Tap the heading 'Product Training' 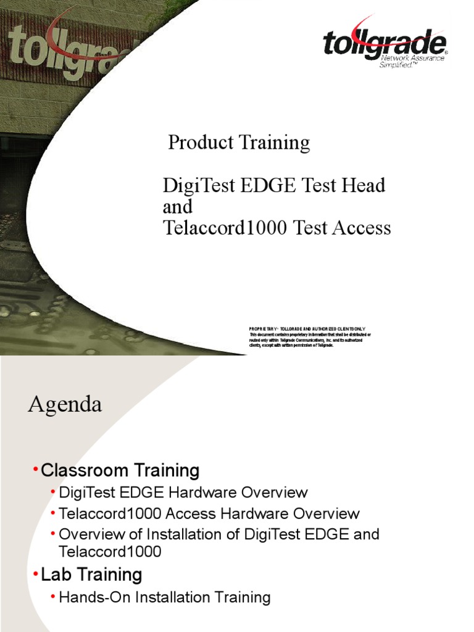pyautogui.click(x=239, y=143)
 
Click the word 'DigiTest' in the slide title pyautogui.click(x=193, y=186)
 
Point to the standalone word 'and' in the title pyautogui.click(x=178, y=207)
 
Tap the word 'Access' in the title pyautogui.click(x=362, y=228)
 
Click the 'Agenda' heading pyautogui.click(x=65, y=405)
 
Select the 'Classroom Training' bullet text pyautogui.click(x=120, y=471)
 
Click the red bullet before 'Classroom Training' pyautogui.click(x=35, y=471)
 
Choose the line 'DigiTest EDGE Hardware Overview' pyautogui.click(x=183, y=493)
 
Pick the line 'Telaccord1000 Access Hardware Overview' pyautogui.click(x=209, y=513)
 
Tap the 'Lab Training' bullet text pyautogui.click(x=91, y=575)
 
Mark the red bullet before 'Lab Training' pyautogui.click(x=35, y=575)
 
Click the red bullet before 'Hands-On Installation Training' pyautogui.click(x=54, y=597)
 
